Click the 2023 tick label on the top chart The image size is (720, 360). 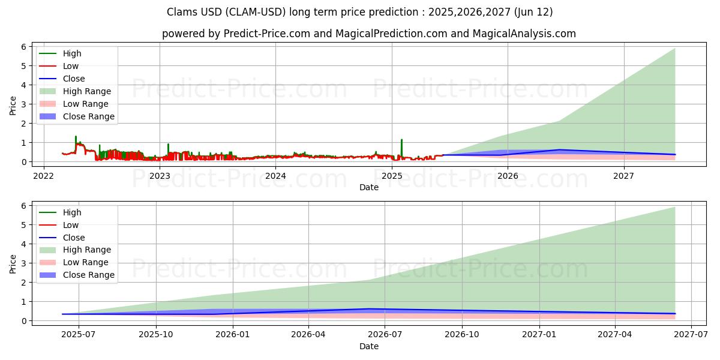click(159, 176)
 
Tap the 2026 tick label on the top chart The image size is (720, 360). click(508, 176)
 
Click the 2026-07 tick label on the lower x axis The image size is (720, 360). click(385, 335)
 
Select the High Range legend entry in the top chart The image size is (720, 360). click(87, 91)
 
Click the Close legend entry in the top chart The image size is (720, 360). click(74, 79)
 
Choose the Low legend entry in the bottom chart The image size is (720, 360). click(71, 225)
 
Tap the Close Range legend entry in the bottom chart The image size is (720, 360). click(89, 275)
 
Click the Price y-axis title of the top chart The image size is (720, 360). click(13, 106)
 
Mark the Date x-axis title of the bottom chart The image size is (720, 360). click(369, 346)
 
